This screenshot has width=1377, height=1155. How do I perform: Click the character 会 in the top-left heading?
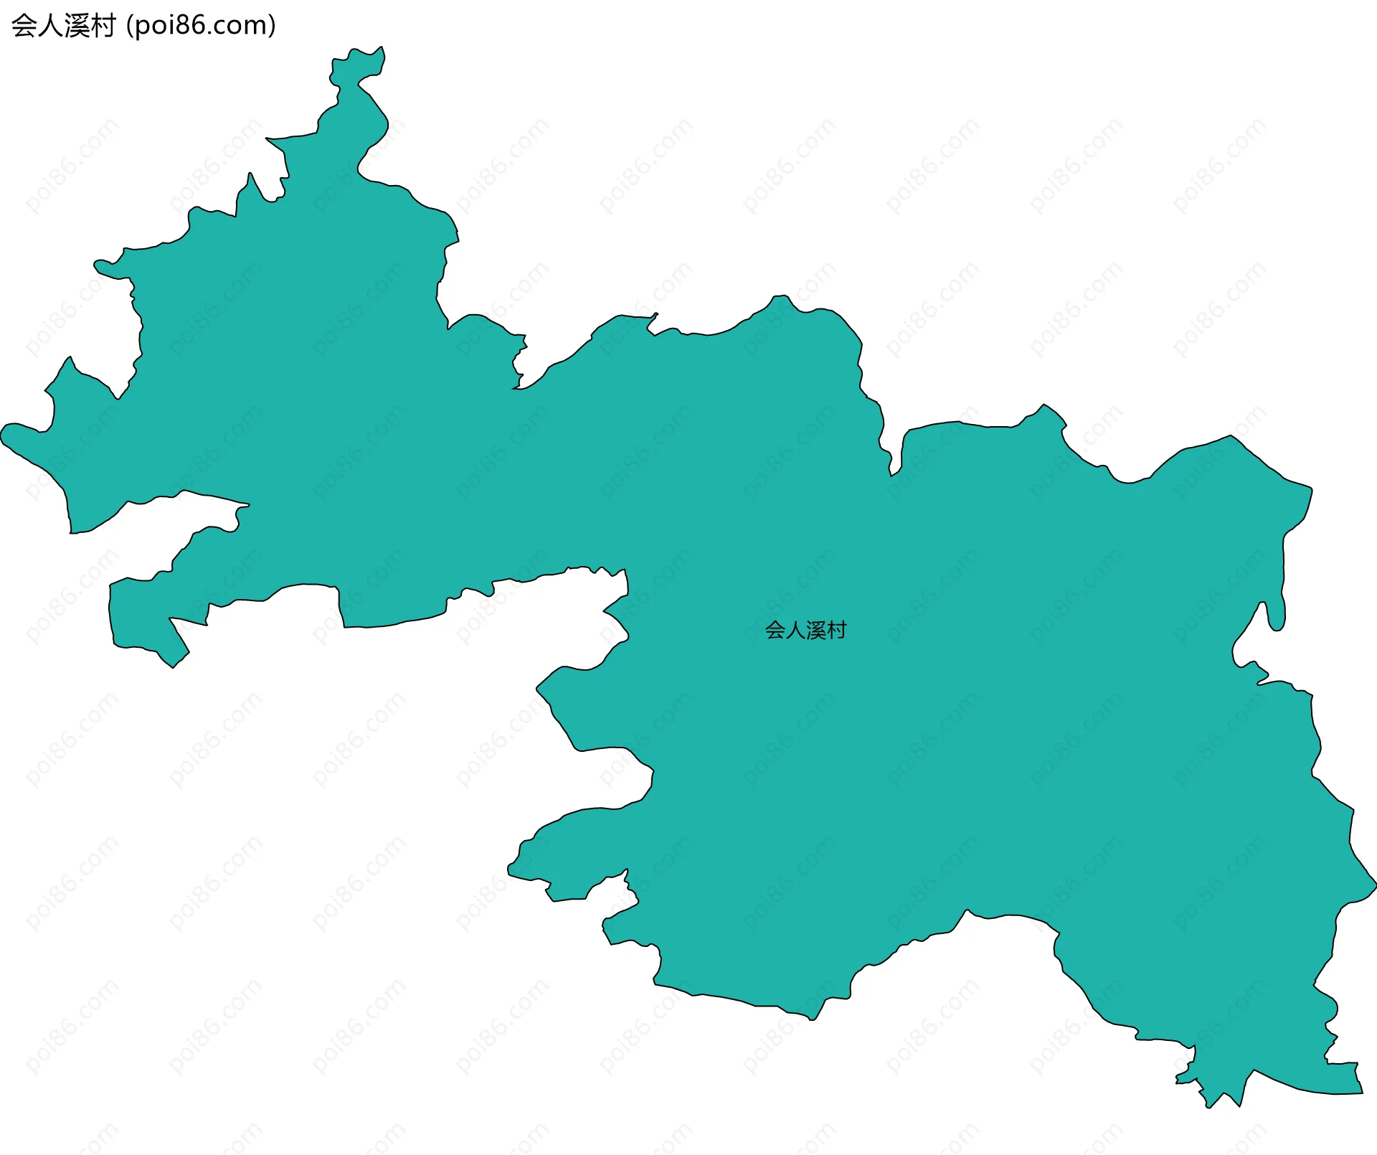pyautogui.click(x=24, y=26)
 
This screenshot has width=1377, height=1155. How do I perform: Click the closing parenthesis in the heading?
pyautogui.click(x=272, y=26)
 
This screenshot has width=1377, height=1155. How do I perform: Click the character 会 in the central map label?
pyautogui.click(x=775, y=631)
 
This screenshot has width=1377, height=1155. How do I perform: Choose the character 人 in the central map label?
pyautogui.click(x=795, y=631)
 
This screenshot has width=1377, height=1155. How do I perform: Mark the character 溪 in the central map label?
pyautogui.click(x=816, y=631)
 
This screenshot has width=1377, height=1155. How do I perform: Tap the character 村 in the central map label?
pyautogui.click(x=837, y=631)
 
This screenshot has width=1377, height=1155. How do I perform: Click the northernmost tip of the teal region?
pyautogui.click(x=382, y=47)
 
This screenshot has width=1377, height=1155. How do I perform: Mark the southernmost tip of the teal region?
pyautogui.click(x=1209, y=1108)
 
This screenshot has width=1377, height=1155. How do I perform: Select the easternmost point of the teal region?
pyautogui.click(x=1376, y=881)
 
